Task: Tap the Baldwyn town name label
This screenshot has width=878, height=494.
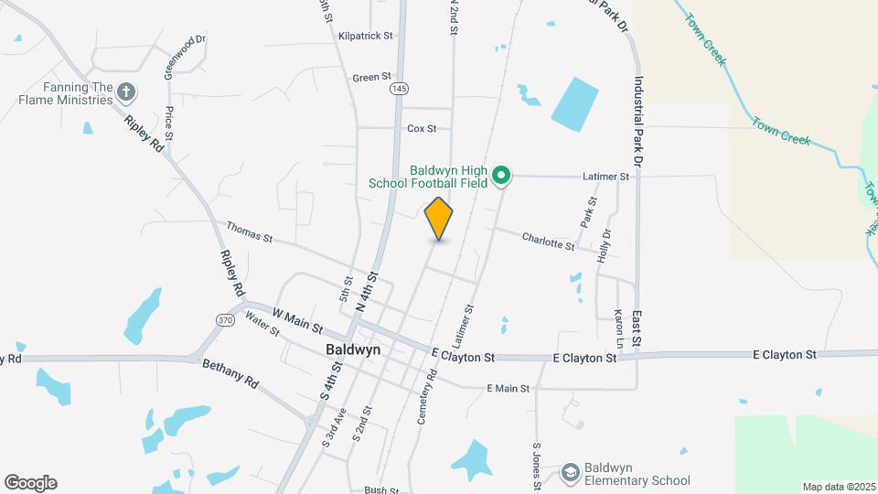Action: point(353,350)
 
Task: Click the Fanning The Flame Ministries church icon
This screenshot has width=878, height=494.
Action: point(126,91)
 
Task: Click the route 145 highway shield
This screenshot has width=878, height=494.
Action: point(398,88)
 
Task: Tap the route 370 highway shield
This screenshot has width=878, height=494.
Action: point(225,319)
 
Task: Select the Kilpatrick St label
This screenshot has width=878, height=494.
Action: point(365,36)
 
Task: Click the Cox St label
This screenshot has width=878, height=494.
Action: point(422,129)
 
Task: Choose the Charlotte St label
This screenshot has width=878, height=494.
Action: point(548,242)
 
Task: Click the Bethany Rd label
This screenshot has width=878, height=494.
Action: point(230,373)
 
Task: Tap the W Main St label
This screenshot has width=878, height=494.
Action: point(297,320)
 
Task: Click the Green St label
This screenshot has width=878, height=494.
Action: point(371,78)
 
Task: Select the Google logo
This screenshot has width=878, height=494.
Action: point(30,483)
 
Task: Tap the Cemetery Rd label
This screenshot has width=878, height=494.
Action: point(428,396)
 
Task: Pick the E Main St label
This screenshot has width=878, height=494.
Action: point(509,389)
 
